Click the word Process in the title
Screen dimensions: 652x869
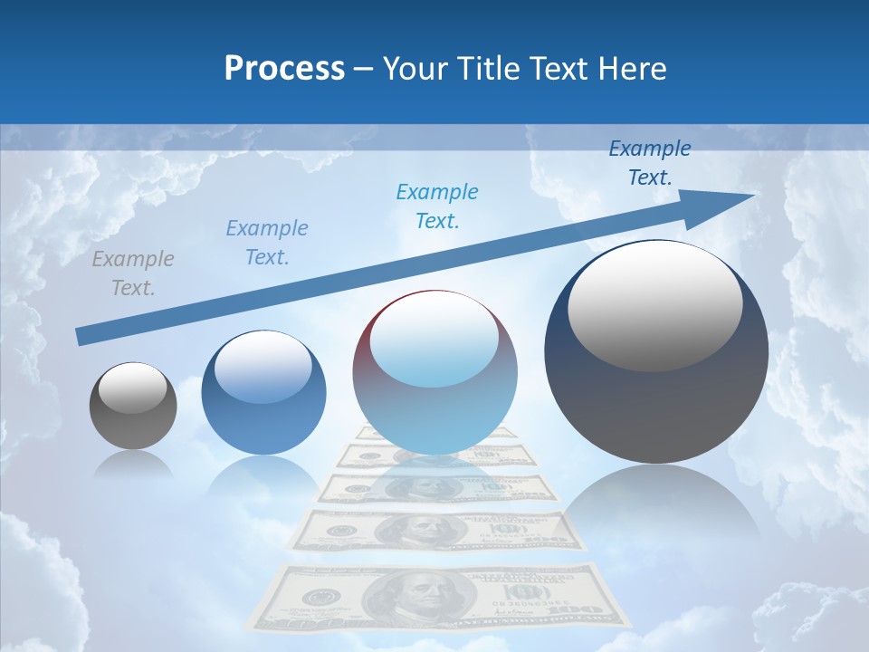(x=284, y=69)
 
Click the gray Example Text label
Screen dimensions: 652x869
(x=133, y=273)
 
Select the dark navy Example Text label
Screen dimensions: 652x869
(x=650, y=163)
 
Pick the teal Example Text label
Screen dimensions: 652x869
(x=437, y=206)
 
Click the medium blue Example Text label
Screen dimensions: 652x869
(x=267, y=242)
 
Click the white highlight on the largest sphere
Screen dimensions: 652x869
(x=654, y=305)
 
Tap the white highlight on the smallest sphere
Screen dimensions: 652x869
(x=133, y=388)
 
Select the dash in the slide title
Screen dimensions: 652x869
(x=363, y=69)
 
